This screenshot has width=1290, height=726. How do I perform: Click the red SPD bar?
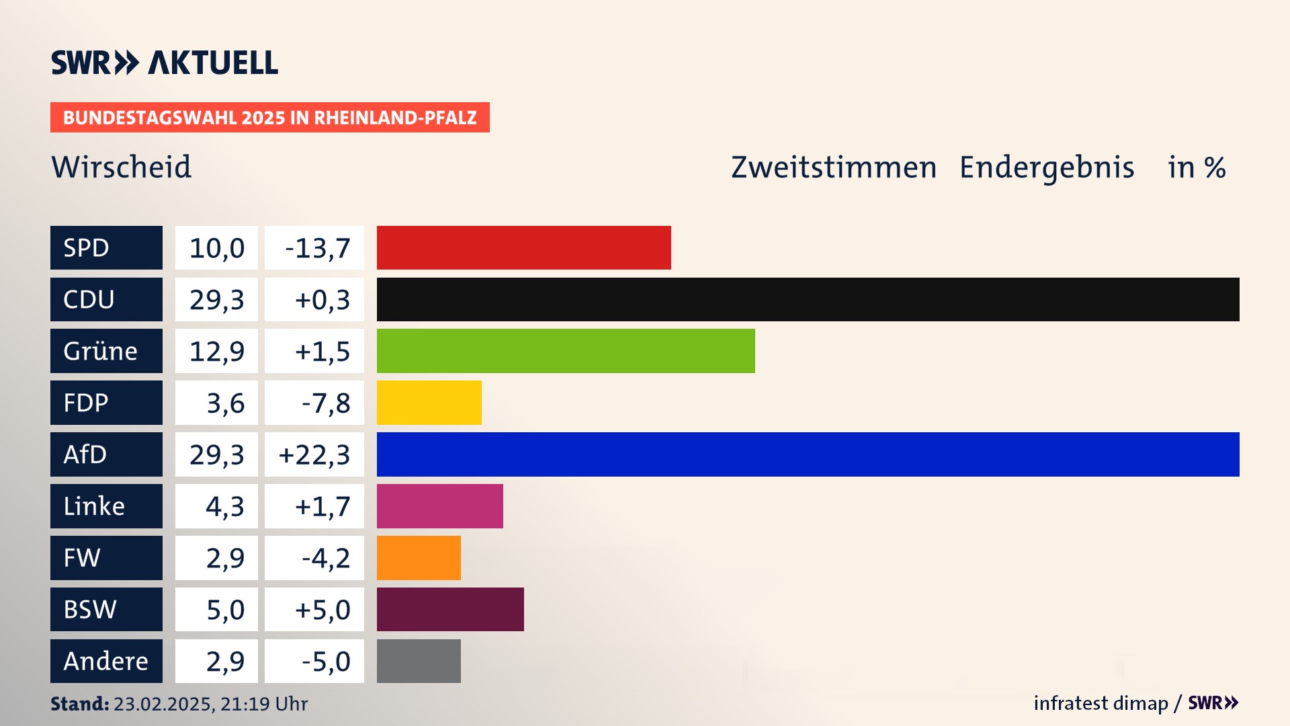523,247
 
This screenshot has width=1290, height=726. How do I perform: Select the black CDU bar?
808,299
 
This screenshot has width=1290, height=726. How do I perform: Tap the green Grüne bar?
566,351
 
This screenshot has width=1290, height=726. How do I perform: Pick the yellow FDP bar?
429,403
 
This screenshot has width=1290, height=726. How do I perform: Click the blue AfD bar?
808,454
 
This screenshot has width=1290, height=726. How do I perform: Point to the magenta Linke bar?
439,506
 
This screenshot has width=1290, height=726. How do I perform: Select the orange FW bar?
419,558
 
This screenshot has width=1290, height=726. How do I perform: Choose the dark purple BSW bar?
450,609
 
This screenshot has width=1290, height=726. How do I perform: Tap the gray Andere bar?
419,661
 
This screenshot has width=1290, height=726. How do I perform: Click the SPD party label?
106,247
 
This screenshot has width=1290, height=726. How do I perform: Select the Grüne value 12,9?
216,351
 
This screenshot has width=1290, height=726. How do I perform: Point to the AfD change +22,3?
314,454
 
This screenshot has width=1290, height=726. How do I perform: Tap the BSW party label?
106,609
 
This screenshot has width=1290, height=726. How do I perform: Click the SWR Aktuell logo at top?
164,63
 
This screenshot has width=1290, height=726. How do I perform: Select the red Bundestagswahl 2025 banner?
269,118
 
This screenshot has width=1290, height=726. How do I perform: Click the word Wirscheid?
122,167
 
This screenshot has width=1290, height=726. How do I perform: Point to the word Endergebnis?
1046,167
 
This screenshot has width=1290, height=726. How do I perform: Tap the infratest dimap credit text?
1101,703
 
